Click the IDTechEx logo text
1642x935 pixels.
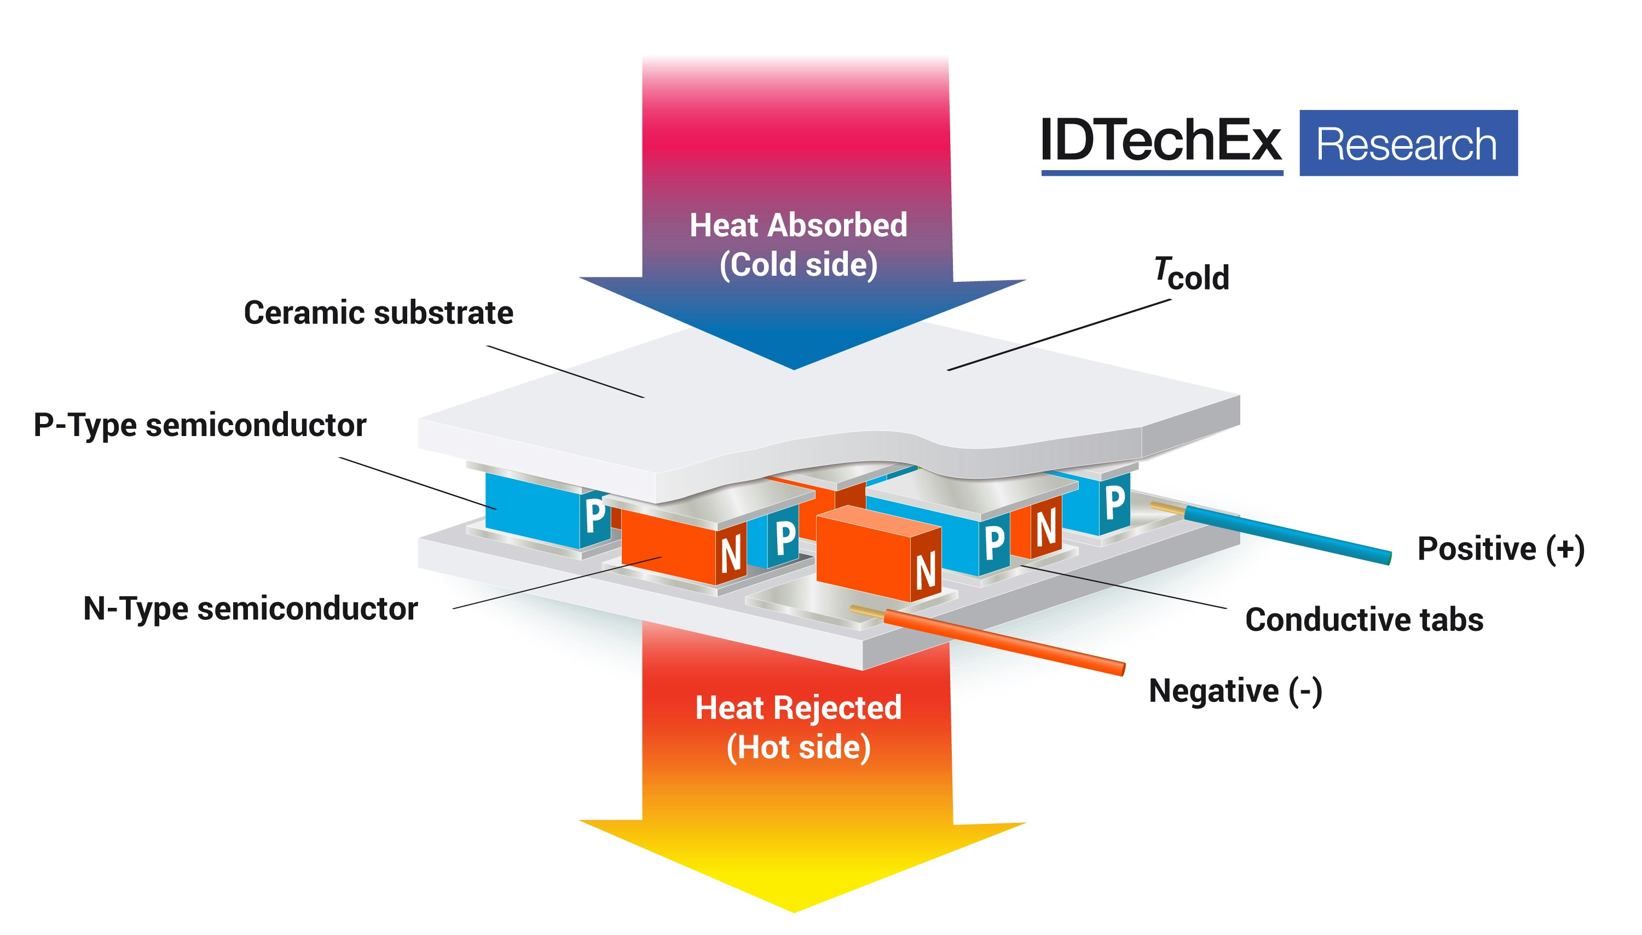tap(1160, 141)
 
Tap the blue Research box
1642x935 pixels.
tap(1408, 143)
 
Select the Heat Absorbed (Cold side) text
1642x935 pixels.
tap(798, 245)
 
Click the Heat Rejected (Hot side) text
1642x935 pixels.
tap(798, 727)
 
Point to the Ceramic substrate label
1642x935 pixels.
tap(378, 313)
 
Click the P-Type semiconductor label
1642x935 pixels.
tap(200, 425)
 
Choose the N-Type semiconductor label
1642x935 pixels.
tap(251, 608)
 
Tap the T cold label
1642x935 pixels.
tap(1192, 274)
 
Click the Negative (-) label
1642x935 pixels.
tap(1235, 691)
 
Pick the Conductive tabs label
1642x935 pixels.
tap(1364, 620)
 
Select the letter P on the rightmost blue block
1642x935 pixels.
tap(1114, 502)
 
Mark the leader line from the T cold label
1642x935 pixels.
tap(1060, 335)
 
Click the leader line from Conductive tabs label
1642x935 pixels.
tap(1124, 587)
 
